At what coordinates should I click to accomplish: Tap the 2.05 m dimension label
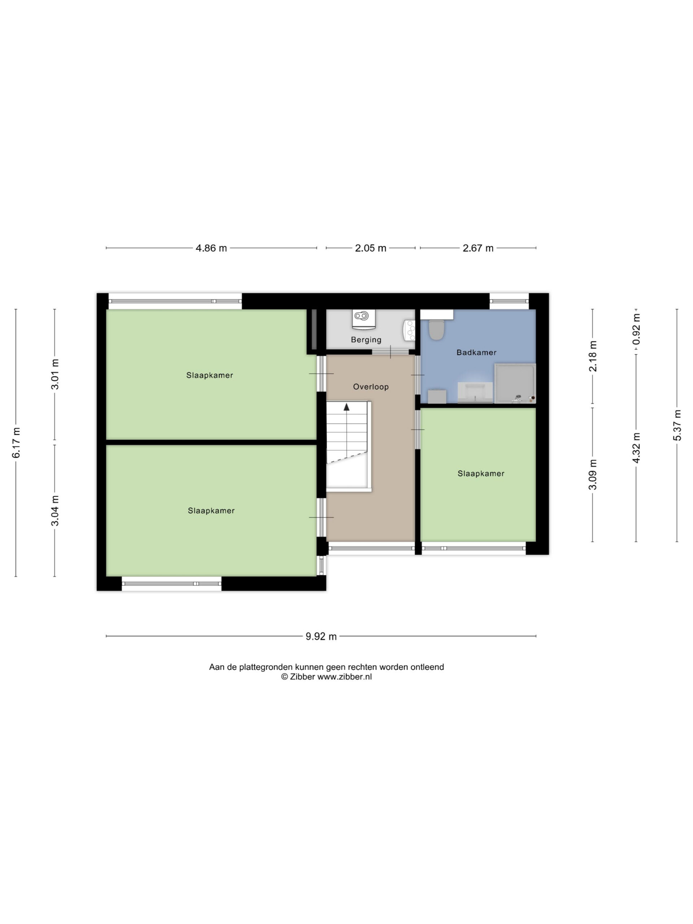[371, 248]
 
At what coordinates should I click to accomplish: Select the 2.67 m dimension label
[478, 248]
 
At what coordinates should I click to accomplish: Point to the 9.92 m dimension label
[321, 636]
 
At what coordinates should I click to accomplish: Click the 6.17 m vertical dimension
[16, 443]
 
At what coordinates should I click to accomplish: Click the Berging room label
[366, 340]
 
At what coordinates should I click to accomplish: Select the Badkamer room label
[476, 353]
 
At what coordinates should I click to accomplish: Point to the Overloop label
[371, 387]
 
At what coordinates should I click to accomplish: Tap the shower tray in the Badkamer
[515, 383]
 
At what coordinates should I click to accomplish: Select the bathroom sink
[475, 392]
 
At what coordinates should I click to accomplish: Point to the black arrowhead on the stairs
[346, 407]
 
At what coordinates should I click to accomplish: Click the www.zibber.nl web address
[344, 677]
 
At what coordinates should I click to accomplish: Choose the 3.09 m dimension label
[592, 475]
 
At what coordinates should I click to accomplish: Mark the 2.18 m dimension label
[592, 356]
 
